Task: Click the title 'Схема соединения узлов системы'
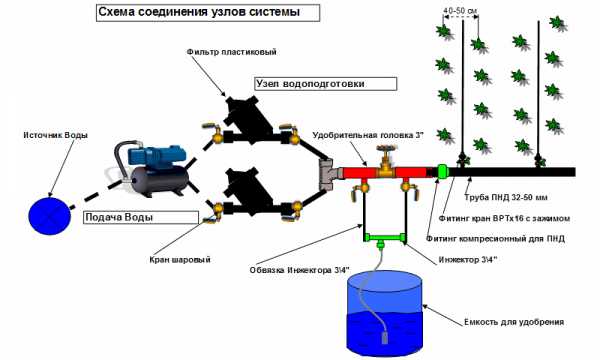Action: pos(199,12)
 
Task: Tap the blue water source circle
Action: pos(50,215)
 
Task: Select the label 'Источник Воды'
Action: pos(55,135)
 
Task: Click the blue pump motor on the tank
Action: pos(157,155)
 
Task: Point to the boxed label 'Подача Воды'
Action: pos(119,217)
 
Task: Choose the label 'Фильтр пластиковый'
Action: pos(232,52)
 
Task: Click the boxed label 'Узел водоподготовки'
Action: pos(310,84)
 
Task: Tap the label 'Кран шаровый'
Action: pos(180,260)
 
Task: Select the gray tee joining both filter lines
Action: pos(327,174)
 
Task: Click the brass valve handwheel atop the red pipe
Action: pos(385,149)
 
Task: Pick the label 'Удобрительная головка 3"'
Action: pos(368,135)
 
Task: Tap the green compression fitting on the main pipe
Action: pos(442,171)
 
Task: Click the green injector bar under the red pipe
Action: pos(384,237)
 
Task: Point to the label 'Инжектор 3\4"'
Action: pos(468,260)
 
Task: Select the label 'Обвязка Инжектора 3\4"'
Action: pos(300,270)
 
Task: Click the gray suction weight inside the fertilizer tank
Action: pos(384,338)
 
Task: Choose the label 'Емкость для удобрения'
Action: pos(514,322)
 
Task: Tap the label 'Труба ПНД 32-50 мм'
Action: pos(506,197)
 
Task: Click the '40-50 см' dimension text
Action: pos(460,11)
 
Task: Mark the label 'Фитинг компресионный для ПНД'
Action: pos(496,239)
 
